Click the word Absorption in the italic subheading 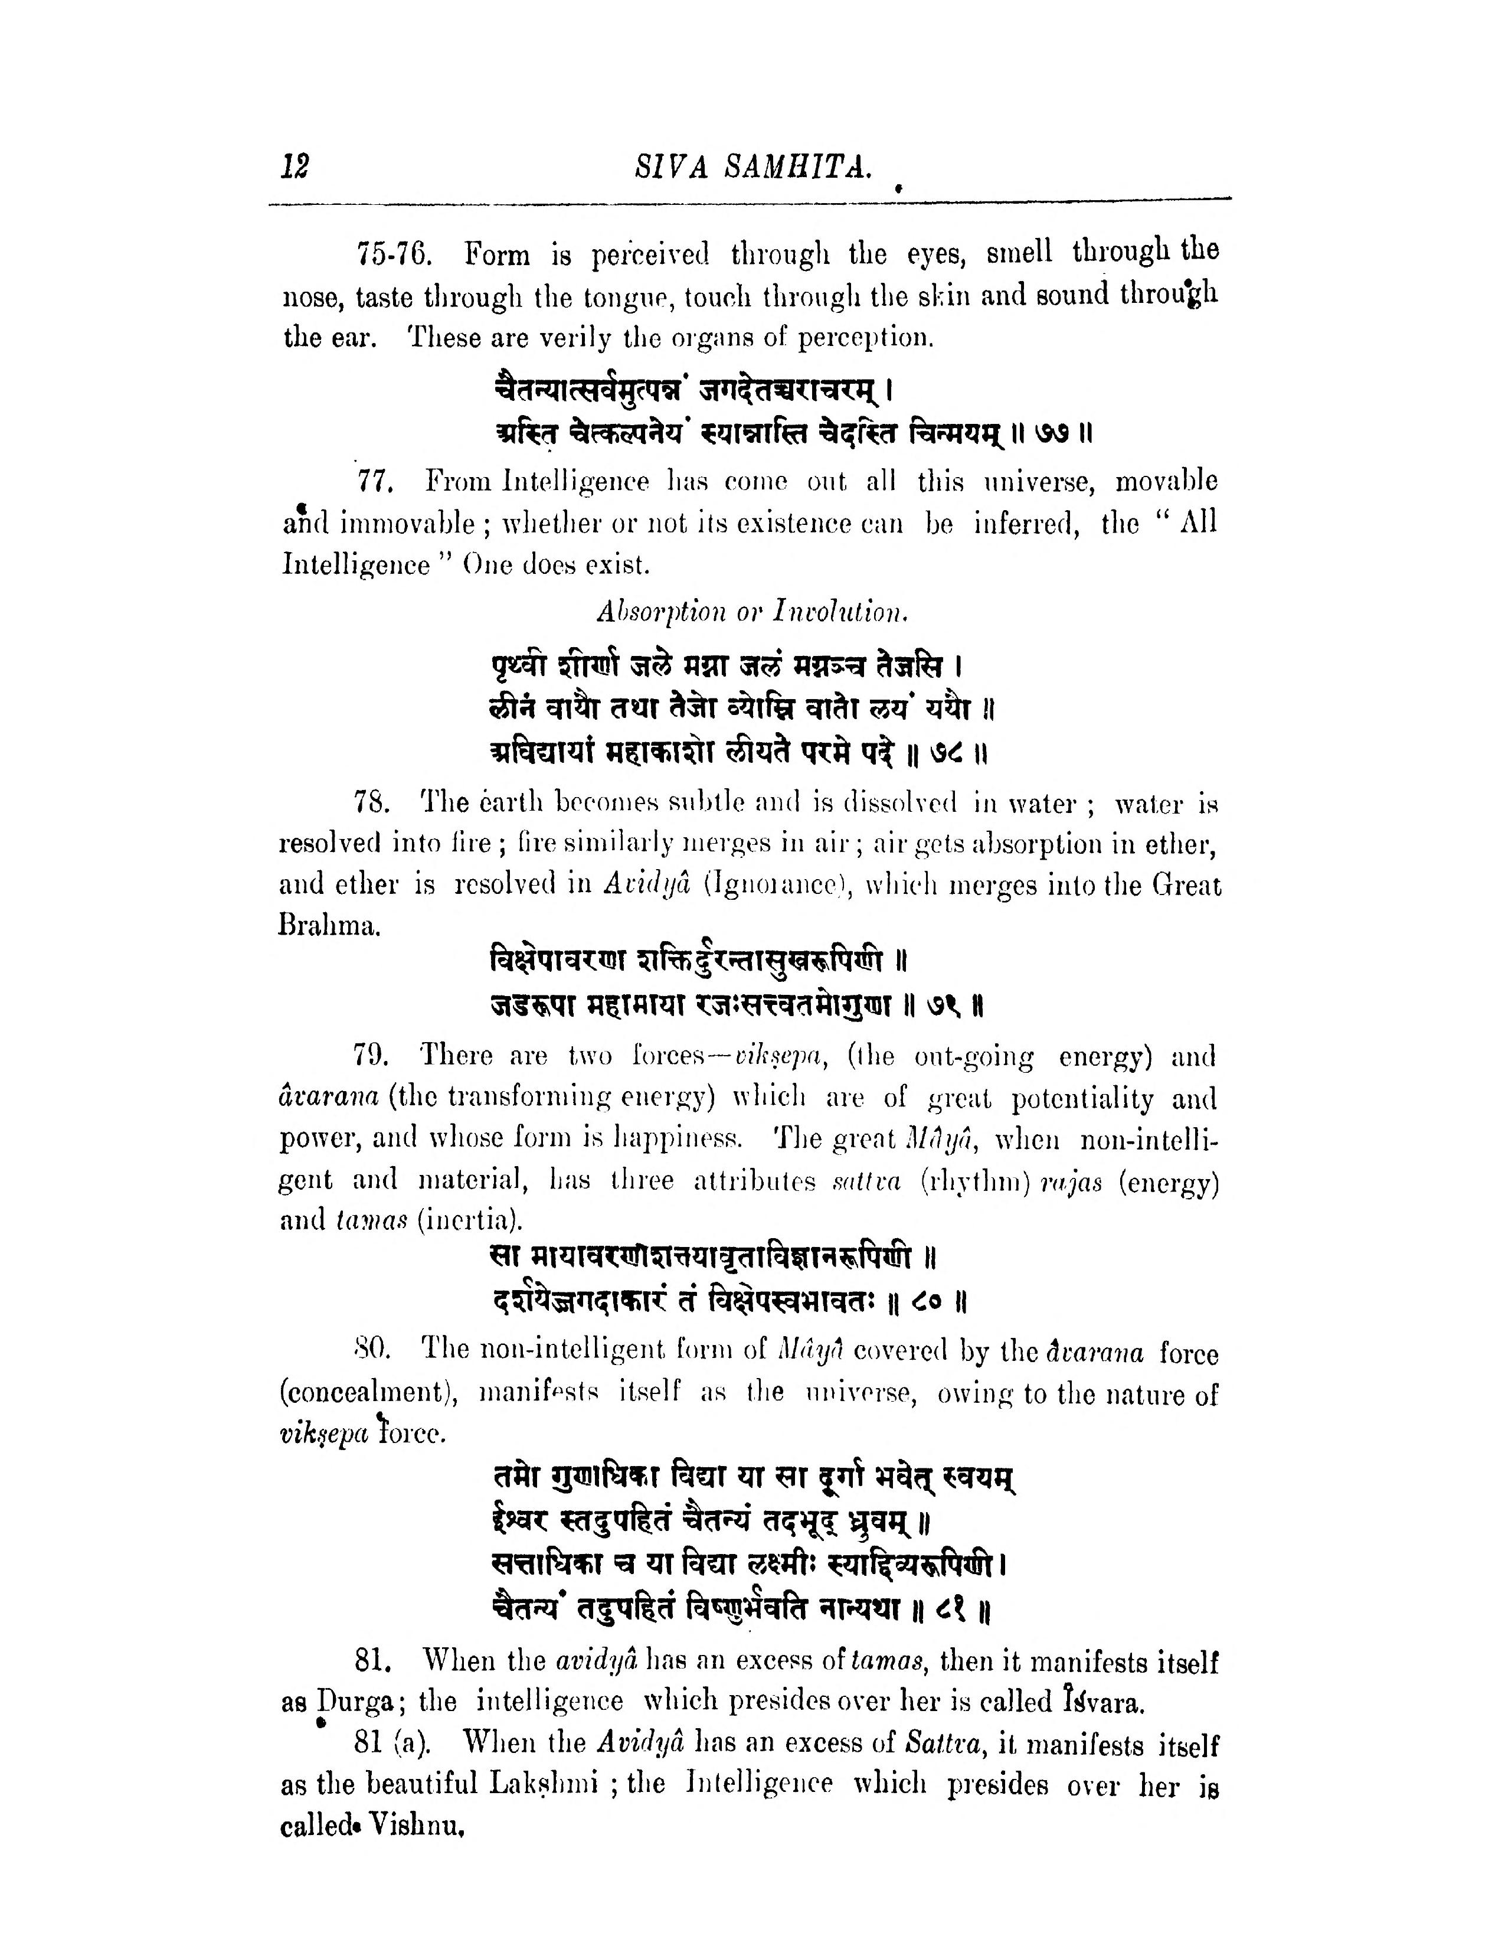[659, 612]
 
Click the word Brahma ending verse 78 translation [328, 925]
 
